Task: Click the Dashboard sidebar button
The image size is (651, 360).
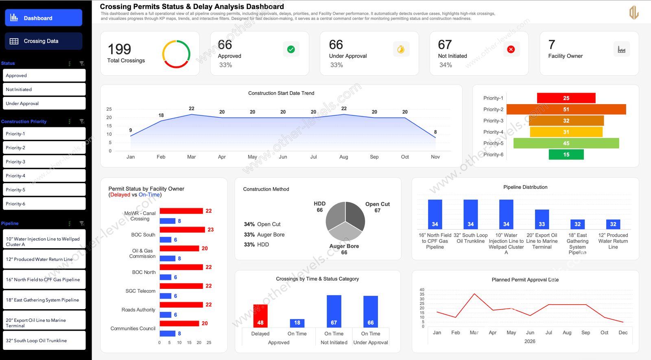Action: tap(44, 18)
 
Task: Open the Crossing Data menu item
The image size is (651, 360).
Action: tap(44, 41)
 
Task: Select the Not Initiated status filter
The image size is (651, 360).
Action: tap(44, 89)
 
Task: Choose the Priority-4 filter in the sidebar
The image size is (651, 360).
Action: tap(44, 176)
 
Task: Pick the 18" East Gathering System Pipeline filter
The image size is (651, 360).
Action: tap(44, 300)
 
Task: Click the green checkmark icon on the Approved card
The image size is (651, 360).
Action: tap(291, 49)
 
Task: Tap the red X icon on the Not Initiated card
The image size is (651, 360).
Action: tap(511, 49)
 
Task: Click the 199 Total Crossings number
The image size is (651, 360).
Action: tap(119, 50)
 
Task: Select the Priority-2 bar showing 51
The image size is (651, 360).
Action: tap(566, 109)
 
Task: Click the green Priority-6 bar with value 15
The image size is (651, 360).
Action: tap(566, 155)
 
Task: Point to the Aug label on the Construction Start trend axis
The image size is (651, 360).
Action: tap(344, 157)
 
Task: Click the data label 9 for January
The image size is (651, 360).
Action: tap(131, 130)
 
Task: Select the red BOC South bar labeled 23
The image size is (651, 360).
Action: tap(182, 230)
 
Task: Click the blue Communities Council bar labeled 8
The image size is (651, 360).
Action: tap(167, 334)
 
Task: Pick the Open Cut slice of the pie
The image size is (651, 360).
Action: tap(355, 216)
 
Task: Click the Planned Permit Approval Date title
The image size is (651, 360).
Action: tap(525, 280)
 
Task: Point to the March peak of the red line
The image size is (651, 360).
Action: tap(474, 294)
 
